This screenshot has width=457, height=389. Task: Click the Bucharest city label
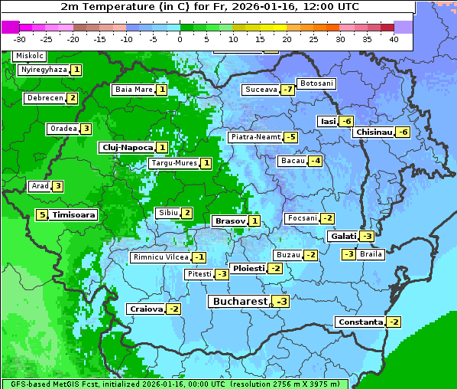(239, 302)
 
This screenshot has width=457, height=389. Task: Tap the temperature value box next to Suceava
(287, 90)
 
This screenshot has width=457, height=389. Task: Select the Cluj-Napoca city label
(126, 147)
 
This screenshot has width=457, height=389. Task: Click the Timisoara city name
(74, 215)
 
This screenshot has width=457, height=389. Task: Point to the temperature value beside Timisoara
(43, 215)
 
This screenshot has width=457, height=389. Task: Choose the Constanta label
(360, 322)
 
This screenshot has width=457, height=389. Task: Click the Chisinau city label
(374, 132)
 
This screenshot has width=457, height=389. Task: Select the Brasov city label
(230, 221)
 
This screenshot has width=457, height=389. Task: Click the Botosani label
(316, 83)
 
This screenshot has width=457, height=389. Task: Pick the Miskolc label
(29, 56)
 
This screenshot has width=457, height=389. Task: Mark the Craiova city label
(146, 309)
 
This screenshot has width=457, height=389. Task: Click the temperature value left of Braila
(348, 254)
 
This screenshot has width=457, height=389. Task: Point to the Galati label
(343, 237)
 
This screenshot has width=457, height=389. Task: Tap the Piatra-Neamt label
(255, 137)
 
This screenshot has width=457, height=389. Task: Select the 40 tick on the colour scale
(394, 39)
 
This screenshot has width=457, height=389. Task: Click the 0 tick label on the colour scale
(180, 39)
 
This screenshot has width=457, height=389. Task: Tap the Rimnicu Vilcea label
(160, 258)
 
